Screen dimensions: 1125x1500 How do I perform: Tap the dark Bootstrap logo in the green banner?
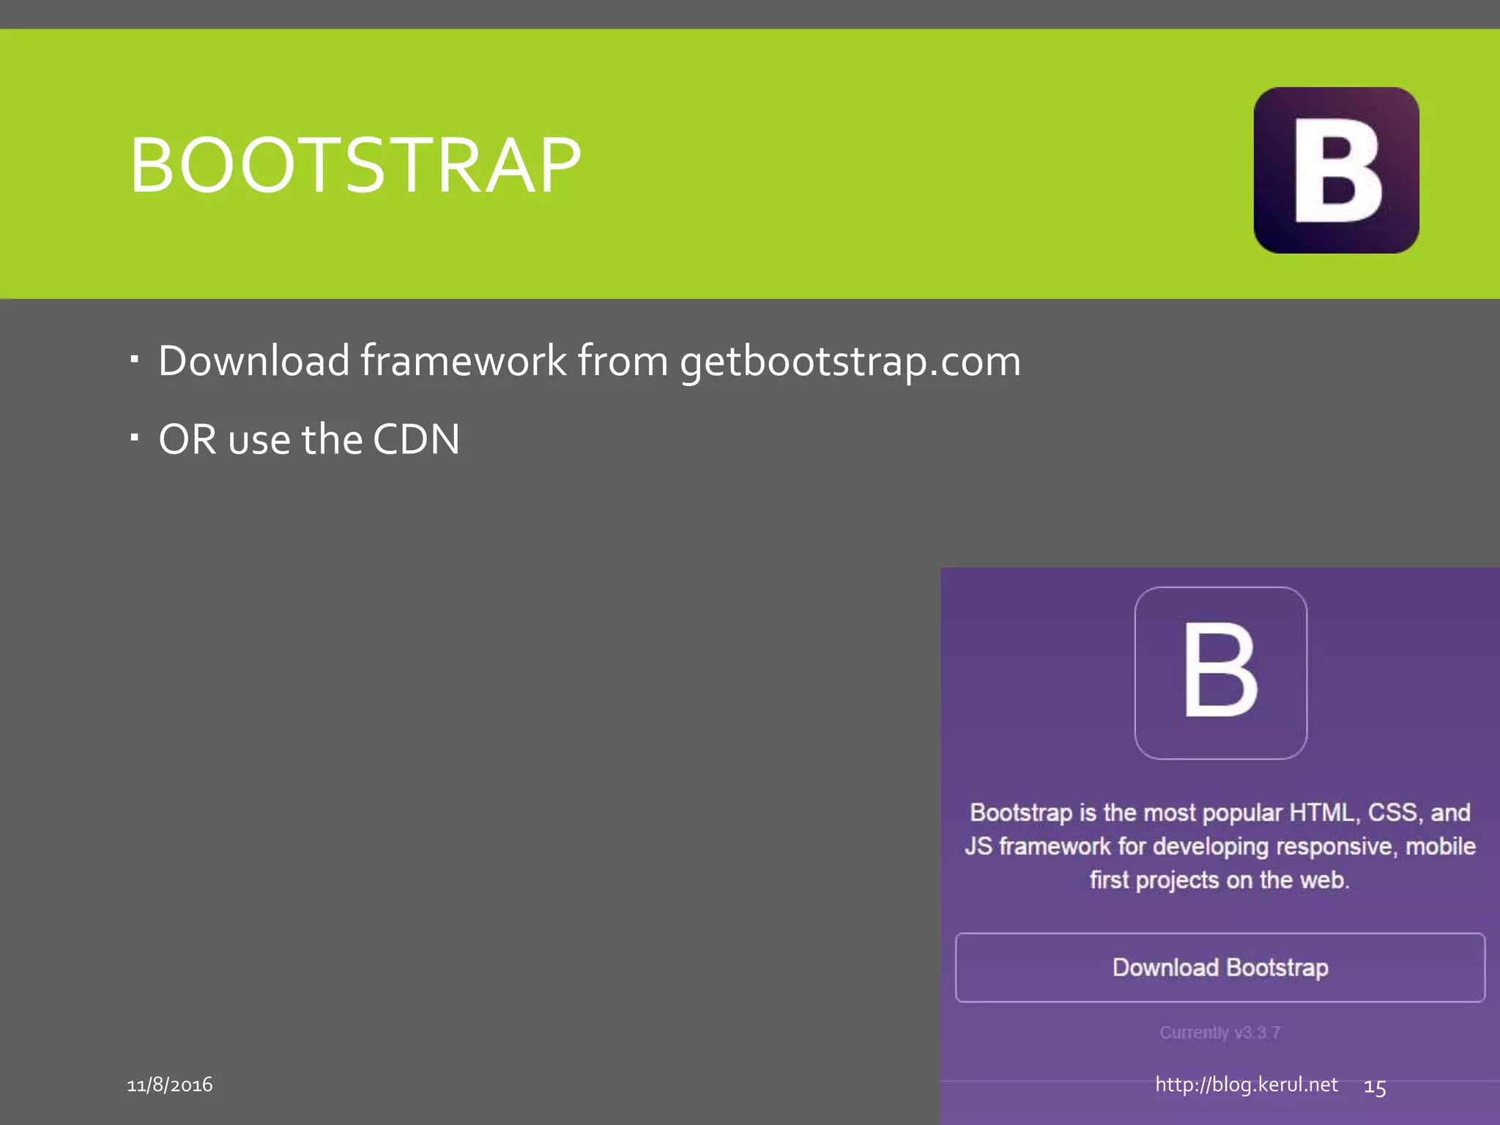(x=1336, y=170)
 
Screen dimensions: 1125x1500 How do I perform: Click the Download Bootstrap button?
(x=1220, y=967)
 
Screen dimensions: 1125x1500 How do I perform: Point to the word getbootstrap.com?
(x=850, y=362)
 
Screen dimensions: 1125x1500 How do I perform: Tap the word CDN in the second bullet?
(x=416, y=439)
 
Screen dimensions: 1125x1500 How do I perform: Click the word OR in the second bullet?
(x=187, y=439)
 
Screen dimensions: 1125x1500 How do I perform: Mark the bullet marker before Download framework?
(x=134, y=359)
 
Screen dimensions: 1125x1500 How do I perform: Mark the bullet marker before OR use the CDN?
(x=134, y=438)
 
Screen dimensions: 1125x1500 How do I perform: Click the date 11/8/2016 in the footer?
(x=170, y=1085)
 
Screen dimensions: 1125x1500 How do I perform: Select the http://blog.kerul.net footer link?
(x=1247, y=1085)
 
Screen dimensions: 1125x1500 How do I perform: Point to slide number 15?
(x=1375, y=1088)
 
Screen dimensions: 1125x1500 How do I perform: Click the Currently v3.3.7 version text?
(x=1220, y=1033)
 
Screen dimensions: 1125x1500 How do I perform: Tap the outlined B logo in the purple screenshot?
(x=1220, y=672)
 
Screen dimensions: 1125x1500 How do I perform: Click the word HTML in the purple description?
(x=1323, y=812)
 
